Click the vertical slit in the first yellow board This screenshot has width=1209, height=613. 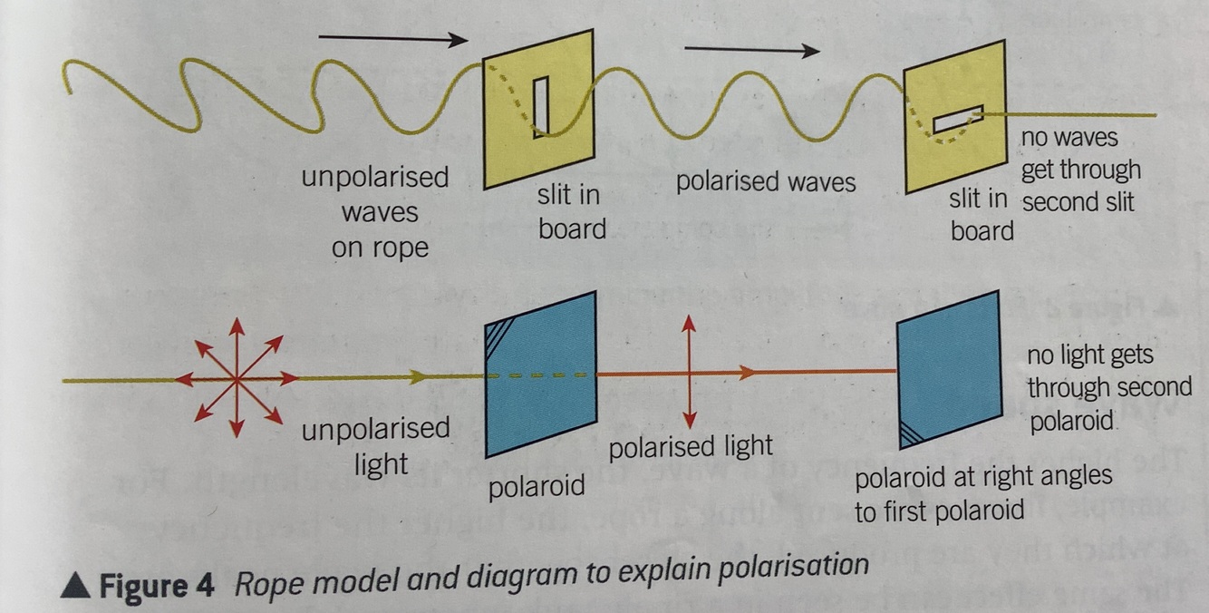click(540, 107)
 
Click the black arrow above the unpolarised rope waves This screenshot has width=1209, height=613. click(393, 39)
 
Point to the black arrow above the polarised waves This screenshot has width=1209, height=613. click(751, 51)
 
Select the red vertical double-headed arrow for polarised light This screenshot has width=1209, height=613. click(690, 371)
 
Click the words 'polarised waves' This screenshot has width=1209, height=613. click(765, 181)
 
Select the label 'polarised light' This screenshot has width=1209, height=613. click(691, 446)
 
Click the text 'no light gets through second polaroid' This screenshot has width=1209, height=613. click(1108, 388)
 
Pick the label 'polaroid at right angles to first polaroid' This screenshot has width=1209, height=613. click(982, 494)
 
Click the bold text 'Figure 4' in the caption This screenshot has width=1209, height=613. click(156, 586)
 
